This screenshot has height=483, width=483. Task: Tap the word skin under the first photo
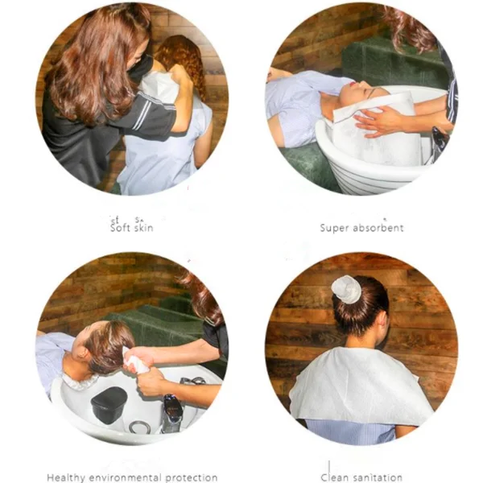point(142,228)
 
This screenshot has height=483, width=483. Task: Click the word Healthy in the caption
point(66,477)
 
